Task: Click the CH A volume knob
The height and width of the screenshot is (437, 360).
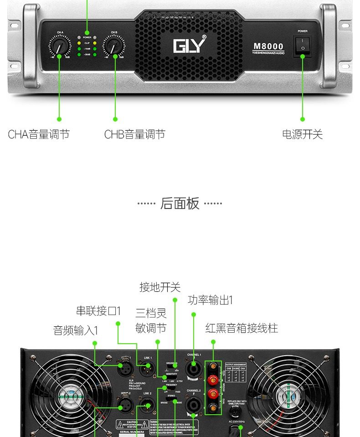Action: click(60, 46)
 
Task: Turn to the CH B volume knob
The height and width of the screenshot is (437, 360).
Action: click(114, 46)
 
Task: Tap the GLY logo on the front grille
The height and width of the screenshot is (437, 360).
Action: click(189, 46)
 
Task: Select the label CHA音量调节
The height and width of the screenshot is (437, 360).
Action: click(39, 134)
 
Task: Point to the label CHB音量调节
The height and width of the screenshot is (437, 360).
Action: click(134, 134)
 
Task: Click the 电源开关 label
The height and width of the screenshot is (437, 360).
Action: click(302, 134)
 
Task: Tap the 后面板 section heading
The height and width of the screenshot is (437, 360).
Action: click(180, 203)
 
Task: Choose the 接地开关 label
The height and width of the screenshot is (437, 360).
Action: click(160, 287)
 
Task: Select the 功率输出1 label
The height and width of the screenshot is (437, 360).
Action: click(210, 300)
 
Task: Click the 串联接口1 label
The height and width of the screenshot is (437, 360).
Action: click(98, 311)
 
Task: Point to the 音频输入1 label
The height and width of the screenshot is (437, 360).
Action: click(76, 330)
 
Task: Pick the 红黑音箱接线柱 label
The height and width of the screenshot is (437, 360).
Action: click(242, 328)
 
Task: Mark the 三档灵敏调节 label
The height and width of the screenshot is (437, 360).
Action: click(151, 320)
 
